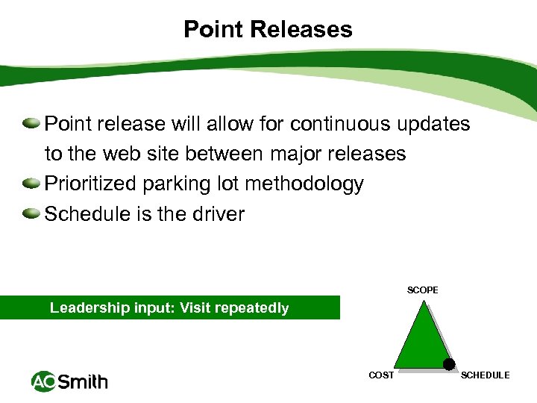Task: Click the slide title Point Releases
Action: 268,30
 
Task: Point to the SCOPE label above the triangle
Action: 423,290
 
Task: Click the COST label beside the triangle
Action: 381,375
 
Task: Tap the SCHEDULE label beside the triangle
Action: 486,375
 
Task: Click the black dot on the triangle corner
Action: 449,364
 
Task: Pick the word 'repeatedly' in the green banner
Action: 253,308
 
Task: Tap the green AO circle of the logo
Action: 43,382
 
